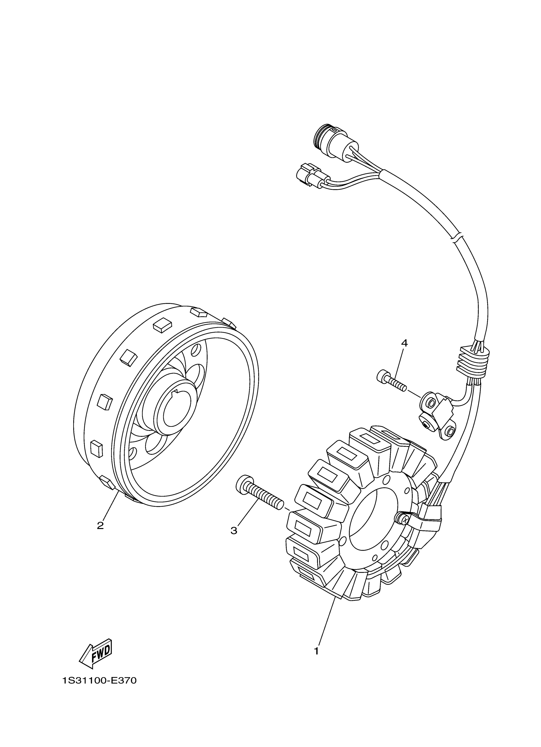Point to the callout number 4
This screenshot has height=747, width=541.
pyautogui.click(x=404, y=343)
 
